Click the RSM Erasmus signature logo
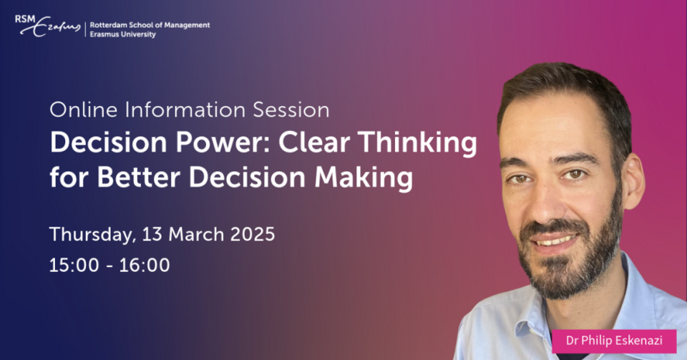click(x=48, y=26)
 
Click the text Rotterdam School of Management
click(x=150, y=25)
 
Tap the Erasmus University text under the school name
click(x=122, y=34)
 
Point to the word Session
click(x=291, y=110)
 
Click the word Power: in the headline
click(x=223, y=142)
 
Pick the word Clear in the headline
click(x=314, y=142)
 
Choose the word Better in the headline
click(x=138, y=177)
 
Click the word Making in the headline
click(x=364, y=179)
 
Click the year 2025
click(x=253, y=234)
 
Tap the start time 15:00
click(x=74, y=265)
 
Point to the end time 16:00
click(x=145, y=265)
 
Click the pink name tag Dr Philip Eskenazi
click(x=614, y=341)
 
